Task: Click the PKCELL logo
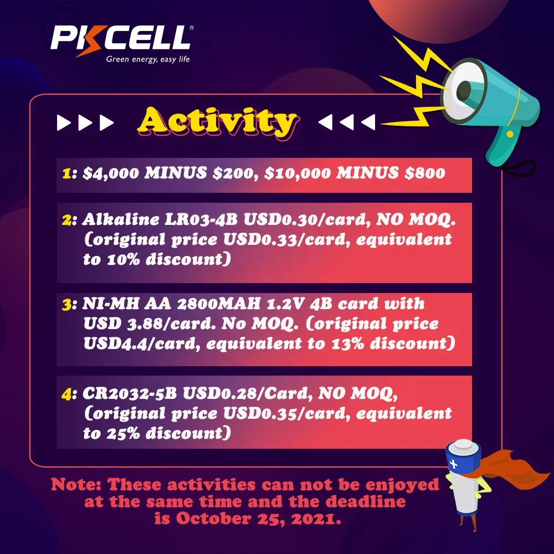[x=121, y=38]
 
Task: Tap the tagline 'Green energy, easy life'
[x=148, y=60]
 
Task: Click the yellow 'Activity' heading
[x=217, y=122]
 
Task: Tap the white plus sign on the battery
[x=455, y=464]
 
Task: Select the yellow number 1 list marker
[x=66, y=173]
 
